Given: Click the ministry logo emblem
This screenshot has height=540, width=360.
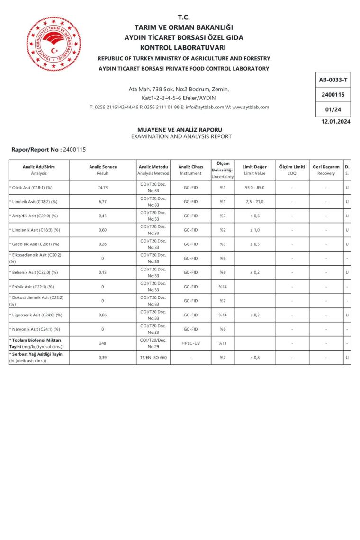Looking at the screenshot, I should [x=54, y=44].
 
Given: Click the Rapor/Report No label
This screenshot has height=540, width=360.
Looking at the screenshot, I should [x=36, y=150].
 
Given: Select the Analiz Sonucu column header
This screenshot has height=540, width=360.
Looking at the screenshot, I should [x=102, y=167].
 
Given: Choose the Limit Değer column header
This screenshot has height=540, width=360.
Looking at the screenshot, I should [x=254, y=167].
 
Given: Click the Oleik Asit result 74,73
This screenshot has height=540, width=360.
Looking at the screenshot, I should [x=102, y=188].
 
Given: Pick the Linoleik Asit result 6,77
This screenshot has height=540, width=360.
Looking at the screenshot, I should [x=102, y=202].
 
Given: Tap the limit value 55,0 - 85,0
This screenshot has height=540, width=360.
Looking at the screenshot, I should [x=254, y=188].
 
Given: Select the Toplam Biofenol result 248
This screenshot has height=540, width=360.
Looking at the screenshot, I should [x=102, y=343].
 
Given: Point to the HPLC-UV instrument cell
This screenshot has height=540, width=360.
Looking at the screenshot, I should [x=190, y=343].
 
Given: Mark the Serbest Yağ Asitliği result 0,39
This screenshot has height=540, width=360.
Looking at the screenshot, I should [x=102, y=357].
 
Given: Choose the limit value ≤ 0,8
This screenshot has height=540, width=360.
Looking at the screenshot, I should [x=254, y=357].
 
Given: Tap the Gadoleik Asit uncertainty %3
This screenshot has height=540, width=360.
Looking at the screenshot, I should [x=222, y=244].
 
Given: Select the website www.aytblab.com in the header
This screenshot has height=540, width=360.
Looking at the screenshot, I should [x=251, y=107].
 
